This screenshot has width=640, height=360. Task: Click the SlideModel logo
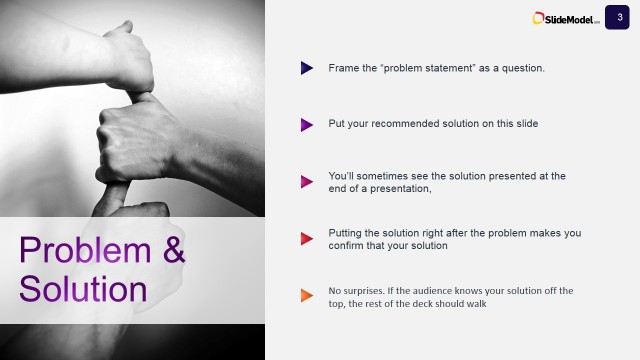(x=566, y=18)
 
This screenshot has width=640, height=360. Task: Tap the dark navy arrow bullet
(x=307, y=68)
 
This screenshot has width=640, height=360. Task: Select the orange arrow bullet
(x=307, y=296)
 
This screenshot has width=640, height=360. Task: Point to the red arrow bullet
(x=307, y=239)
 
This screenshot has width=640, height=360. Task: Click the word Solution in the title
(x=83, y=288)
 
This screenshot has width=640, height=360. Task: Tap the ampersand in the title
(x=173, y=250)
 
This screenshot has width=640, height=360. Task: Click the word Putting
(x=347, y=233)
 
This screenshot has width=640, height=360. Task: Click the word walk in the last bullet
(x=475, y=303)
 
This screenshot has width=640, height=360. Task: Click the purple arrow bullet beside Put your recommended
(x=307, y=125)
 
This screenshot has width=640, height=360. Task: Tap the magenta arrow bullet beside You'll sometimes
(x=307, y=182)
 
